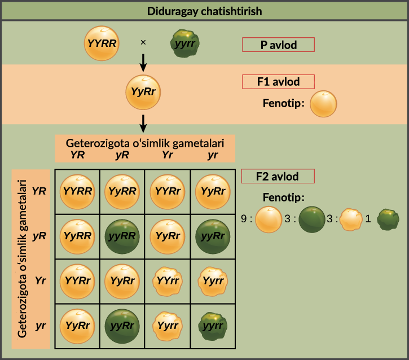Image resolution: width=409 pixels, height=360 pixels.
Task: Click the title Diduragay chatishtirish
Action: [x=204, y=11]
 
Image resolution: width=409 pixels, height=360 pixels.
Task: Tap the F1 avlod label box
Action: [x=278, y=82]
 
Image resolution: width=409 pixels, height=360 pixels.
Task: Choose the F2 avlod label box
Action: [x=277, y=175]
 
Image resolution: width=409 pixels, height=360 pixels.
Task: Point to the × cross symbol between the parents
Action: [x=143, y=42]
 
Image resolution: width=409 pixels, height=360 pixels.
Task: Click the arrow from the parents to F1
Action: [x=143, y=62]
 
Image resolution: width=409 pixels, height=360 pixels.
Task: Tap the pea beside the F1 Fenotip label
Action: [x=324, y=104]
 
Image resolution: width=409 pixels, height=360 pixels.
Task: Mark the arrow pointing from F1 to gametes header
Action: [x=143, y=122]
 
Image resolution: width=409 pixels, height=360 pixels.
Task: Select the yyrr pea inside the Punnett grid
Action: [x=213, y=325]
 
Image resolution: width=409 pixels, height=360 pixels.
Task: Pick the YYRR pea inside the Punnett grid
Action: [x=77, y=191]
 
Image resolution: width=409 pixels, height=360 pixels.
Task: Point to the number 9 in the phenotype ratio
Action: [x=244, y=219]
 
